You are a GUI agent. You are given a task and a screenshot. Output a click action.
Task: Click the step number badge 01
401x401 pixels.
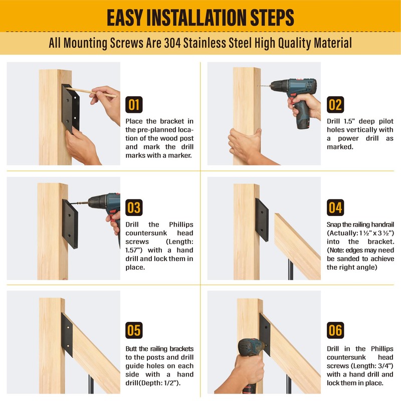[134, 105]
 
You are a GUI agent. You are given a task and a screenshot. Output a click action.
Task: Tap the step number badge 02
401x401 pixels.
[335, 105]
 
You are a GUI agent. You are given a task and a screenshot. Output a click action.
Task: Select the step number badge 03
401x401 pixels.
[134, 208]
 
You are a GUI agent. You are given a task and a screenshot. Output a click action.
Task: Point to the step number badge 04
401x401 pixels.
[335, 208]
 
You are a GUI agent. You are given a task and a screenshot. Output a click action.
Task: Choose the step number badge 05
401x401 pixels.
[134, 330]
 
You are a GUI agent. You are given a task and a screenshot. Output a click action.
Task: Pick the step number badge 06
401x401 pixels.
[335, 330]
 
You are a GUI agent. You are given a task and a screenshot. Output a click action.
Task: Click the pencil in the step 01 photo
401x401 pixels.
[91, 92]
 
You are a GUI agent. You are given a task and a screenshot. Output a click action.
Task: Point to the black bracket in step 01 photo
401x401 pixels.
[71, 108]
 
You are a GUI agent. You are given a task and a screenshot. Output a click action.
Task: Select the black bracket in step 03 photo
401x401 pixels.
[70, 224]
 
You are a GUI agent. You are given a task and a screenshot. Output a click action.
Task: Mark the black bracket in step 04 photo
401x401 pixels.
[262, 220]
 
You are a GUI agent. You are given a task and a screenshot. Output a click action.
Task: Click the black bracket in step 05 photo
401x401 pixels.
[67, 335]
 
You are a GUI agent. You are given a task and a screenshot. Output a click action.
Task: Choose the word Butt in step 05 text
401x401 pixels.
[131, 349]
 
